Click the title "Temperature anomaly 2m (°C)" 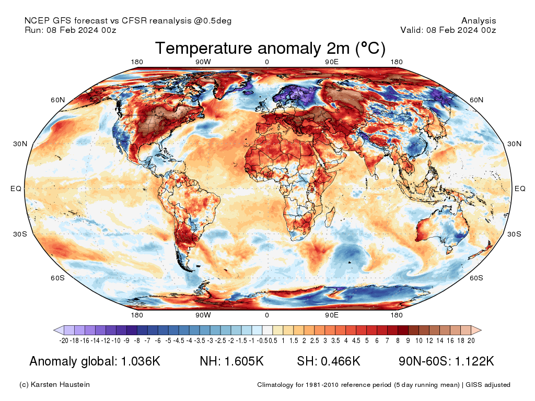coord(270,49)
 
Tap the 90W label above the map coord(203,62)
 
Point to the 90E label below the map coord(332,315)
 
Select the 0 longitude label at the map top coord(266,62)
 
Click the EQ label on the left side coord(16,188)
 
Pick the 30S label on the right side coord(515,234)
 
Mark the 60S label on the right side coord(476,278)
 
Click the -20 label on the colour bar coord(64,340)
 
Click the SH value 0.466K coord(339,361)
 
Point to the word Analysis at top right coord(479,21)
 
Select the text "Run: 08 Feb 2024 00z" coord(71,30)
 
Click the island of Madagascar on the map coord(329,217)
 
